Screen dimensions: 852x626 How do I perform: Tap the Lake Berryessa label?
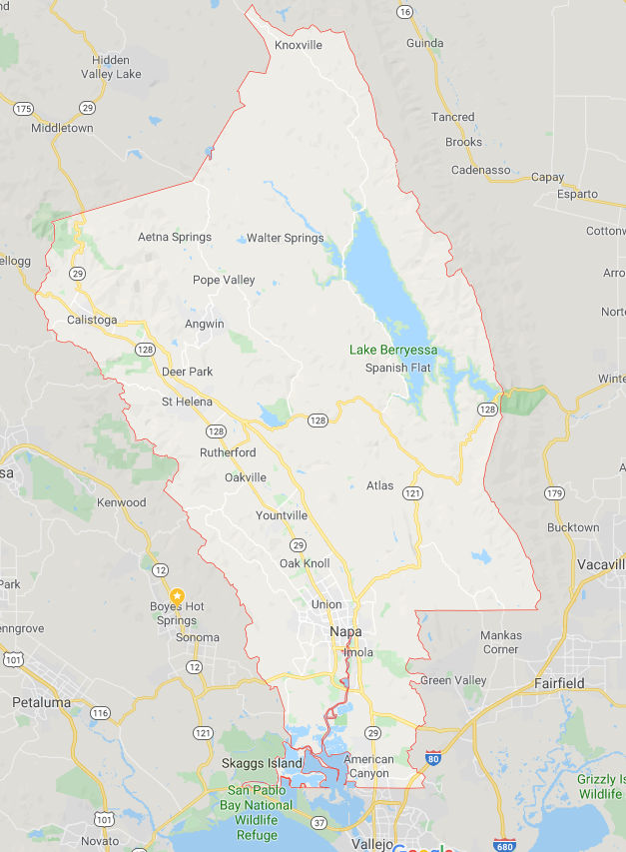click(393, 350)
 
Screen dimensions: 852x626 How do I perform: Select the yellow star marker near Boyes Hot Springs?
click(178, 595)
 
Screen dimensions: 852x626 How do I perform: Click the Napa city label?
click(346, 632)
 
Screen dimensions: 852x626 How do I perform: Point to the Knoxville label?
click(299, 45)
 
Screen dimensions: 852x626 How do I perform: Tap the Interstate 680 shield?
click(505, 845)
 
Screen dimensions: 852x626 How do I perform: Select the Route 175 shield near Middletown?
click(23, 108)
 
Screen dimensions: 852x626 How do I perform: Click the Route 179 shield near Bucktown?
click(555, 492)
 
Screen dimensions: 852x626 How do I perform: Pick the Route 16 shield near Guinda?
click(403, 11)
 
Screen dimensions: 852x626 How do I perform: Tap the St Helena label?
click(187, 402)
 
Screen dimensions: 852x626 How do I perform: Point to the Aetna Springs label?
click(175, 237)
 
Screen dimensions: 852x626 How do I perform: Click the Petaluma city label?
click(42, 702)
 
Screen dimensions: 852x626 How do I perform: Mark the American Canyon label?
click(368, 766)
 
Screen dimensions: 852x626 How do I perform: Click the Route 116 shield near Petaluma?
click(100, 712)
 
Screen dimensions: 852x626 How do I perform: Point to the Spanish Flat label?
click(398, 368)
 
